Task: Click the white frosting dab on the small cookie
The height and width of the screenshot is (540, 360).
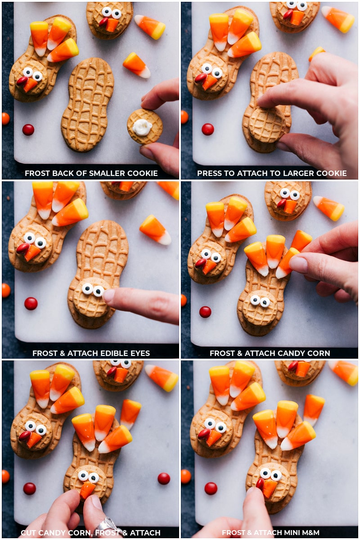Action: coord(142,127)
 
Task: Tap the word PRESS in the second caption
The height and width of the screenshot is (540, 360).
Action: coord(209,173)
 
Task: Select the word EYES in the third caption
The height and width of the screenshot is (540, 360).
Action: coord(138,353)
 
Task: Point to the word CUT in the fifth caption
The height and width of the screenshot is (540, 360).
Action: coord(28,533)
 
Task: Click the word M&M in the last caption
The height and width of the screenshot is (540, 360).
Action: coord(310,533)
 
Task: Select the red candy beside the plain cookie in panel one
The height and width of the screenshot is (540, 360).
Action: coord(28,130)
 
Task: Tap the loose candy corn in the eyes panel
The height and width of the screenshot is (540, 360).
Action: coord(155,229)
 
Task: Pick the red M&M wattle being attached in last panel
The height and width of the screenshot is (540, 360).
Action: coord(260,483)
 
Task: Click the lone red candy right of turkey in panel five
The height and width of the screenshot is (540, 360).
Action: coord(164,478)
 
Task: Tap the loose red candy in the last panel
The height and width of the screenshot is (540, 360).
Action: coord(211,488)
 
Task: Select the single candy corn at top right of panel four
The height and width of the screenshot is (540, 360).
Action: coord(329,208)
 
